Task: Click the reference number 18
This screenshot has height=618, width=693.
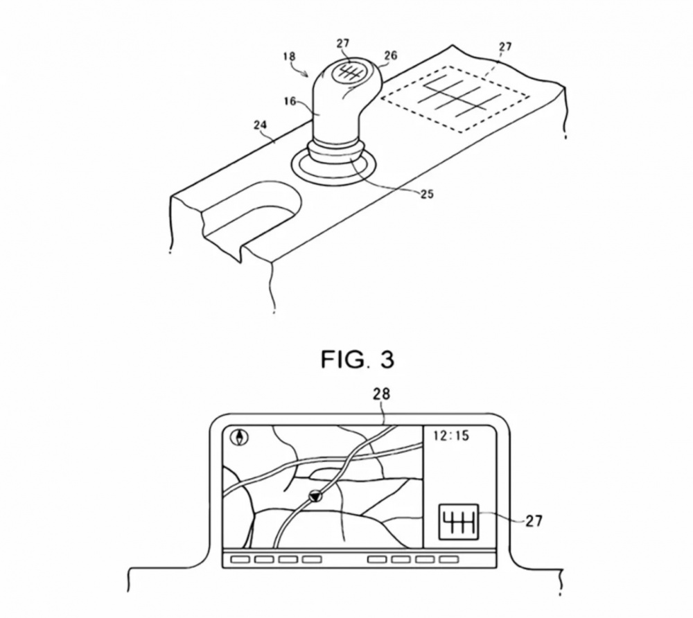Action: [290, 57]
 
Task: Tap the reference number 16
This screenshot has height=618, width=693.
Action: [290, 101]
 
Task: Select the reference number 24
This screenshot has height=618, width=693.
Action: [261, 125]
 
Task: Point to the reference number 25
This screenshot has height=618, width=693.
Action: [427, 193]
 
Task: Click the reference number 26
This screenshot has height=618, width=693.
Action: [391, 55]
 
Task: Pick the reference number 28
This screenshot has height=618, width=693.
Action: [381, 394]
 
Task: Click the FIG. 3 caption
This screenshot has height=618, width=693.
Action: [357, 359]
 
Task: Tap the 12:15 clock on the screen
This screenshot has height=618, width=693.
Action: [451, 436]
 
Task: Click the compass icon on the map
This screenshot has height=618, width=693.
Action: [240, 437]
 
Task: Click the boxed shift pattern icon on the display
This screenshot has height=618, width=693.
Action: [458, 522]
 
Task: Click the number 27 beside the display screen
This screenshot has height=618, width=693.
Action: [533, 521]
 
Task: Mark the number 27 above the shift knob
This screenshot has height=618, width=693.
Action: [342, 44]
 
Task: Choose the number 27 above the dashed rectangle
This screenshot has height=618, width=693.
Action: [505, 47]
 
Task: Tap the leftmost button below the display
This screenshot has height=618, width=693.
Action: [240, 559]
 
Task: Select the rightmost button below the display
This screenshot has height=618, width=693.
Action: [448, 559]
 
